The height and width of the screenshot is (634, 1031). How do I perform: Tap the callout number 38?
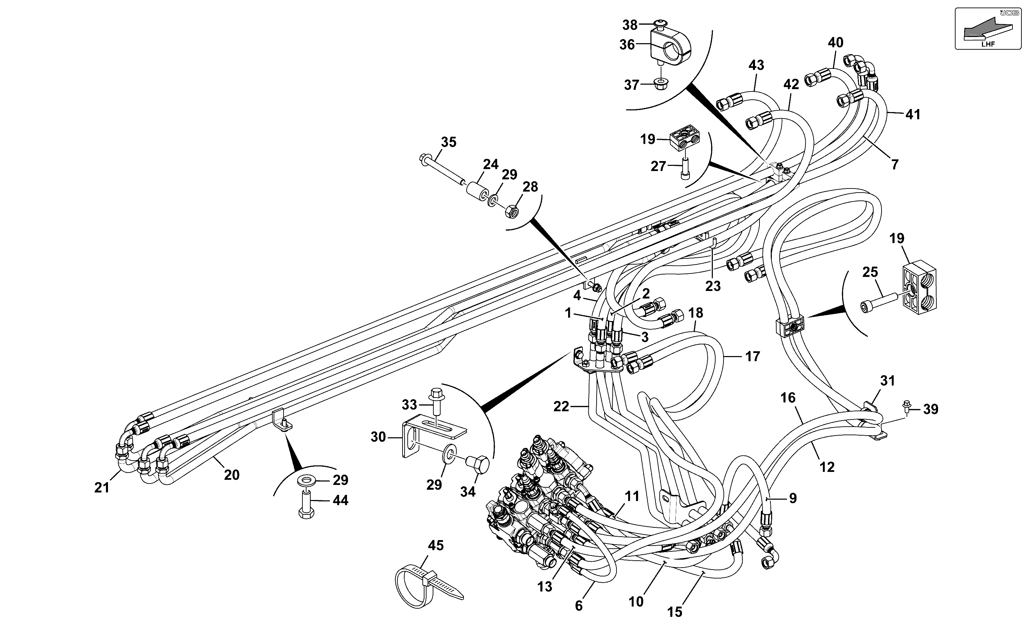[630, 25]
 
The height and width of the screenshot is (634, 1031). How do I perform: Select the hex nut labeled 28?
[511, 210]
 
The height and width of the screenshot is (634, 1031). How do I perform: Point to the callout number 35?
[448, 142]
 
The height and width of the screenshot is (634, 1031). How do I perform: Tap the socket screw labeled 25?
[878, 302]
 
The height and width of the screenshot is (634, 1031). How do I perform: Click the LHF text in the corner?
[988, 44]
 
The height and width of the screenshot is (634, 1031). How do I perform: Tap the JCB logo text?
[1009, 13]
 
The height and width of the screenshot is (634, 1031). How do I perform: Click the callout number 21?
[101, 488]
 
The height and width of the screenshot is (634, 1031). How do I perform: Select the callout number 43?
[756, 65]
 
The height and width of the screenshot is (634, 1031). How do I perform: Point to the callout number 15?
[674, 612]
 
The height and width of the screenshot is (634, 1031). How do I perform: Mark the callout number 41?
[913, 114]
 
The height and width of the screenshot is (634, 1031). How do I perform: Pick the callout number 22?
[561, 406]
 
